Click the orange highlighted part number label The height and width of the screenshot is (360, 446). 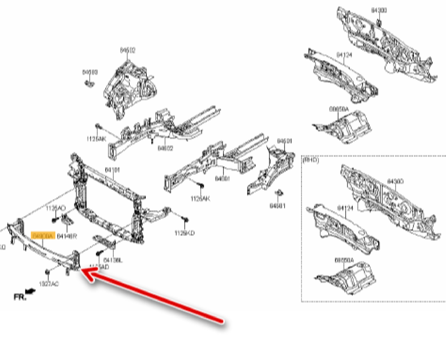click(43, 235)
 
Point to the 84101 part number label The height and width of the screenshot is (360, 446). click(112, 170)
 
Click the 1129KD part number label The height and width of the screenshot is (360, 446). click(185, 233)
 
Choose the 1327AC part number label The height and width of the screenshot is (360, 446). click(48, 284)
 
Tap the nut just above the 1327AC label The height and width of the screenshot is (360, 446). click(47, 271)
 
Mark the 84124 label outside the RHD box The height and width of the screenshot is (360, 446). click(344, 55)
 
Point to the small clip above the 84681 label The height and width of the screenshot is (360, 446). click(280, 193)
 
